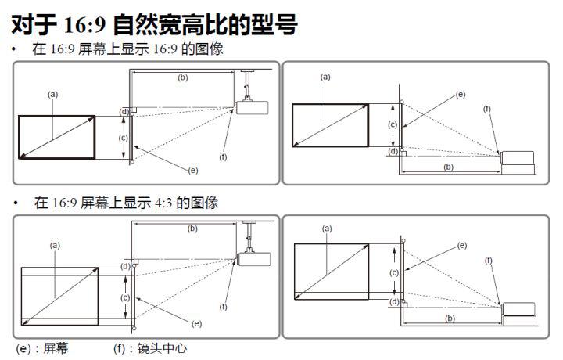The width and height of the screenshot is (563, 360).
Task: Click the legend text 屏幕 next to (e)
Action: tap(56, 347)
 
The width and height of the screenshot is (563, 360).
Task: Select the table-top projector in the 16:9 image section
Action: tap(518, 161)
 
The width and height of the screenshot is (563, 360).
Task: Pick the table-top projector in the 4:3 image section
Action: tap(518, 311)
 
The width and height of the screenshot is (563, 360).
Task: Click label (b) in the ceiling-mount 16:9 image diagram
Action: tap(182, 77)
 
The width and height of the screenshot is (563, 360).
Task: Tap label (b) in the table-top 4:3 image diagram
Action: tap(449, 319)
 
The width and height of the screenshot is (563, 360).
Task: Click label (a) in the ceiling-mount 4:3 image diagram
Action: tap(55, 244)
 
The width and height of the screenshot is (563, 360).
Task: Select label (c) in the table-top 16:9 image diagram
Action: tap(393, 124)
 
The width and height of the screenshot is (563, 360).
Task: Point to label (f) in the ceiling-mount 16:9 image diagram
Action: tap(223, 157)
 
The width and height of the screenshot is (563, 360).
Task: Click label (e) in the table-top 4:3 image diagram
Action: tap(461, 245)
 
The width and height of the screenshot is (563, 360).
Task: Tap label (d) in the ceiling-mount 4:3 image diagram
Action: tap(125, 266)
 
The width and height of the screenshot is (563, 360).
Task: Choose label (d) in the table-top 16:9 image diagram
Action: tap(393, 151)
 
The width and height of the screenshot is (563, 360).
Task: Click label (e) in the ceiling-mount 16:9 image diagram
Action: tap(192, 170)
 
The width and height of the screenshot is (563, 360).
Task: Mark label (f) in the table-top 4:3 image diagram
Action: tap(489, 260)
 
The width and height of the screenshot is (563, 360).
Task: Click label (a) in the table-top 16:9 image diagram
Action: tap(325, 77)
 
